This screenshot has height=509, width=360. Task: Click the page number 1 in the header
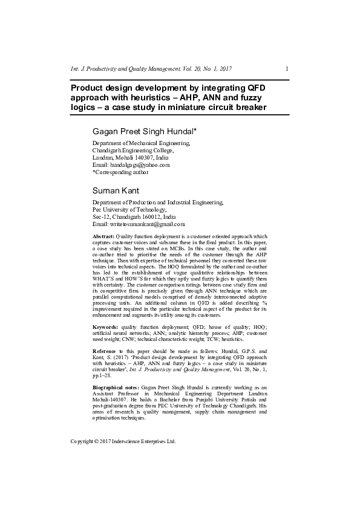[286, 69]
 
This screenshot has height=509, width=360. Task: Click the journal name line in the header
[151, 69]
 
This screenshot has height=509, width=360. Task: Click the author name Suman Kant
[116, 190]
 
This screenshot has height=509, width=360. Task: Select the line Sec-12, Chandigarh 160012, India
[134, 216]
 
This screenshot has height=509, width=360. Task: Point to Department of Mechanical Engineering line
[140, 143]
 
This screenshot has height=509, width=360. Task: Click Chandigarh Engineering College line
[133, 150]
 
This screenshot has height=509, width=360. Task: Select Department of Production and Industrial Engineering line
[157, 202]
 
